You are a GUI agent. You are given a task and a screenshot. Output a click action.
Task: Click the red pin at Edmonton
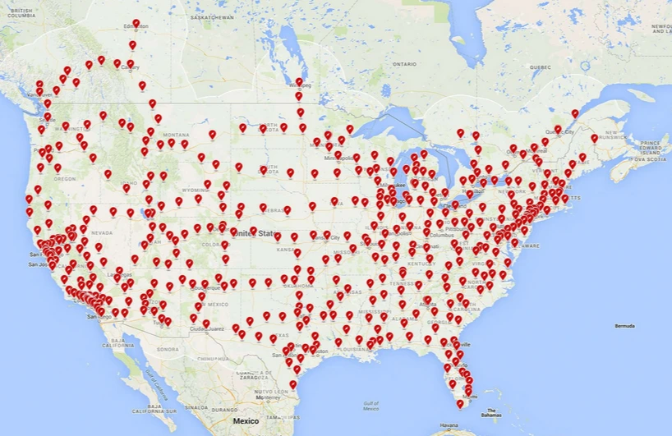[136, 24]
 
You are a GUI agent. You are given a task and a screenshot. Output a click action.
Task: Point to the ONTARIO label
[404, 63]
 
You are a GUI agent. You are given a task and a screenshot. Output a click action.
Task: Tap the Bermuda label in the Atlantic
[625, 326]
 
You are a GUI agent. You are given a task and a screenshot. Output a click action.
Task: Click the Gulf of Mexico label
[370, 404]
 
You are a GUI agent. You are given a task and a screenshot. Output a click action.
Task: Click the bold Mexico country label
[246, 420]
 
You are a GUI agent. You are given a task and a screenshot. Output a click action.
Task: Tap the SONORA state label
[168, 349]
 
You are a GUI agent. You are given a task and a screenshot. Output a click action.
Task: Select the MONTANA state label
[177, 134]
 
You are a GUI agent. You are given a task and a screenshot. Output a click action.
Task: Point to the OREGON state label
[65, 178]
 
